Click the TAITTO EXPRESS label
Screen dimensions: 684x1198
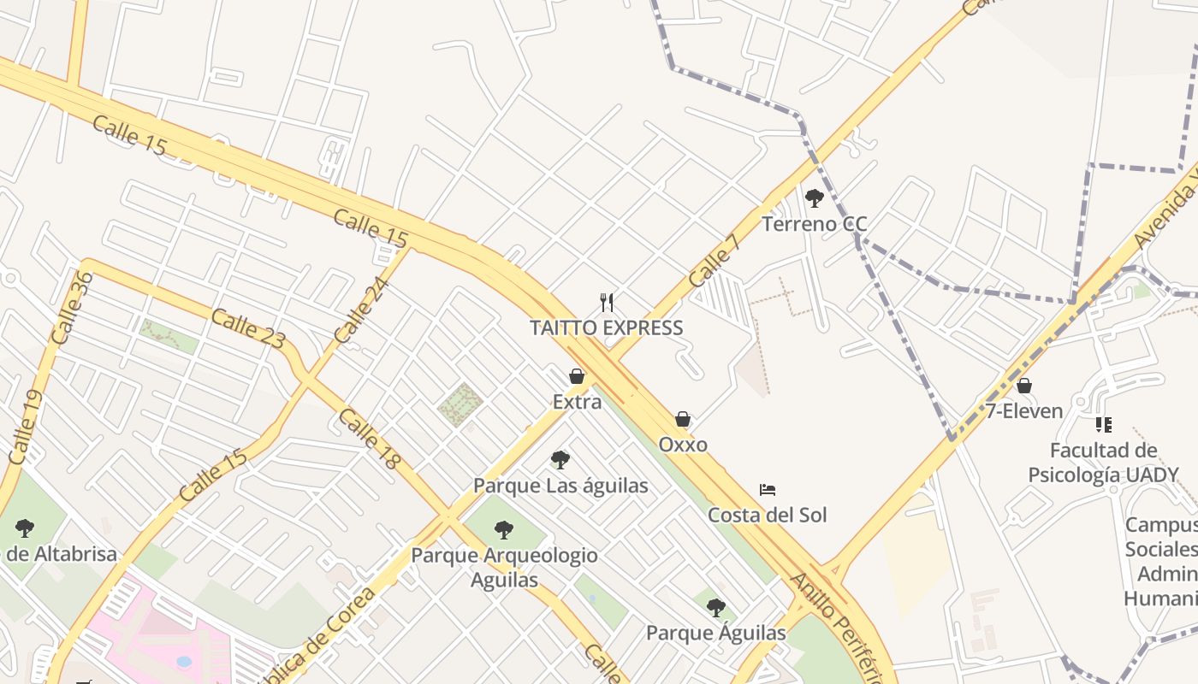click(606, 328)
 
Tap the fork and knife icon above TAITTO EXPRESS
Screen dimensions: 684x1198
click(607, 302)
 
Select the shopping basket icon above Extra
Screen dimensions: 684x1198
click(577, 376)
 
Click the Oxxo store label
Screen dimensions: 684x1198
click(683, 445)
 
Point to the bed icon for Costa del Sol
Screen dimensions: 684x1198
click(768, 490)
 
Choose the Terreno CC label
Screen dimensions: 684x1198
click(814, 225)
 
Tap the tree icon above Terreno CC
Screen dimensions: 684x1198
click(814, 198)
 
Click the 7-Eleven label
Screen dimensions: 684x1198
click(1023, 411)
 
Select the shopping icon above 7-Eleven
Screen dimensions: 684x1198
click(1023, 386)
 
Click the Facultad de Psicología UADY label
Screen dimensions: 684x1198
click(1103, 463)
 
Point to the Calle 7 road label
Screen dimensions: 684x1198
click(713, 260)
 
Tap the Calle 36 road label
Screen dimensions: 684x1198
click(72, 308)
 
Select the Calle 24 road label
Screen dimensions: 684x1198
click(361, 311)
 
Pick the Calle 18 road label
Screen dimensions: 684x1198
click(369, 439)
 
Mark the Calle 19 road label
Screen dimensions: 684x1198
click(25, 427)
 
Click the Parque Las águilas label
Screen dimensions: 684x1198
click(560, 486)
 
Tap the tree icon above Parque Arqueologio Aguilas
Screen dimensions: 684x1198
click(504, 530)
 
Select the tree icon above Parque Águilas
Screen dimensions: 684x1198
click(715, 608)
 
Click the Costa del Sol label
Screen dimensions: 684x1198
click(767, 516)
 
